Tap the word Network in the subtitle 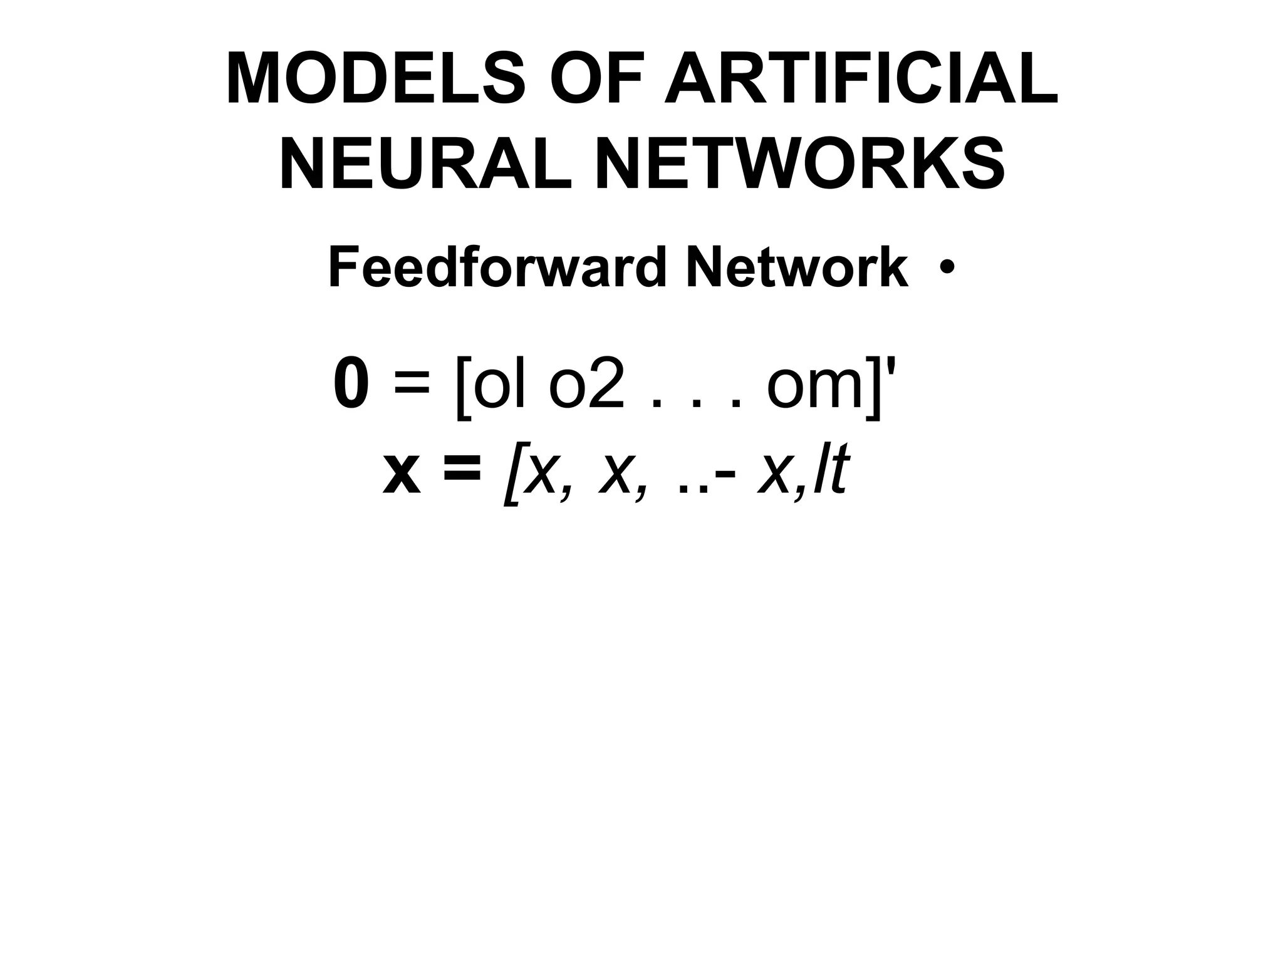797,268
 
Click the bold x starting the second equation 402,474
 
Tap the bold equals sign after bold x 462,470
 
